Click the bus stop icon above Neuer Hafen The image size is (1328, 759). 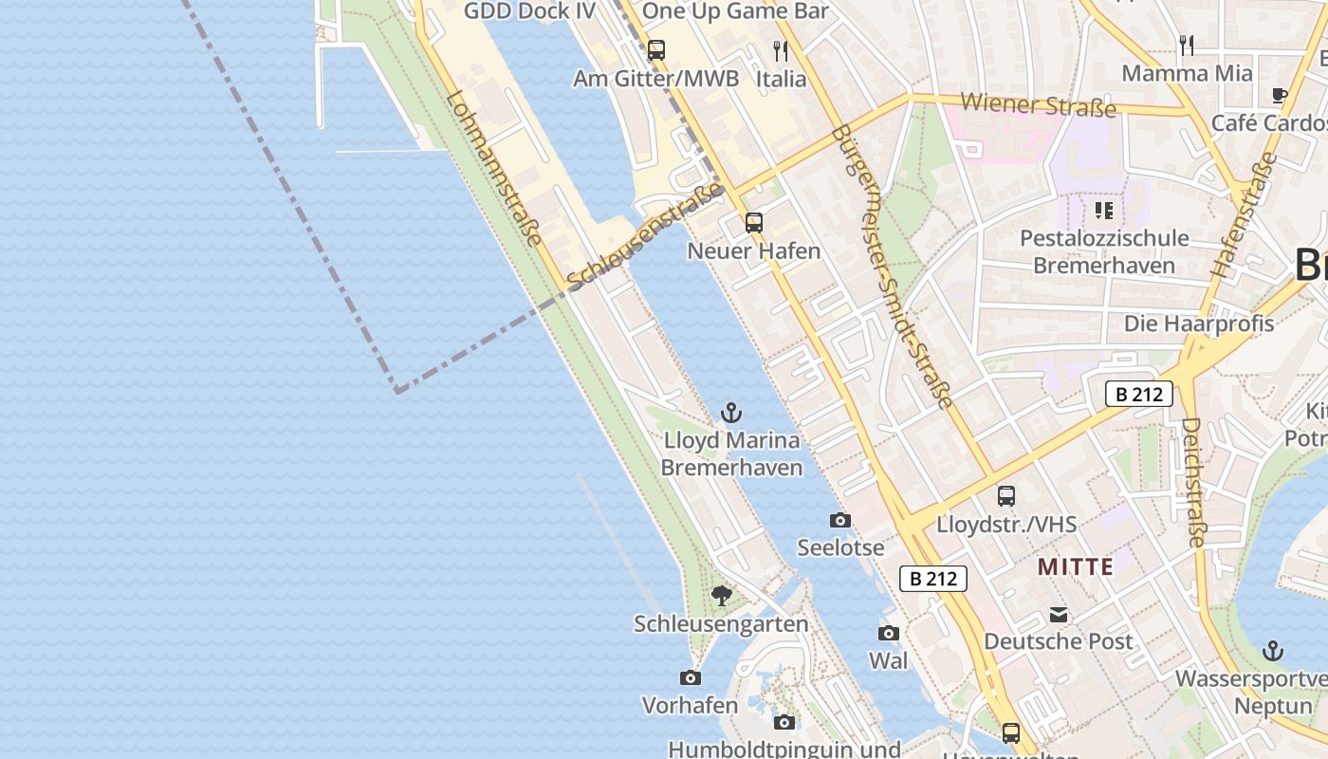click(754, 223)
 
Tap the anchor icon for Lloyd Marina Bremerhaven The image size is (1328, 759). click(730, 413)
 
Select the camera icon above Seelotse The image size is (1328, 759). click(839, 520)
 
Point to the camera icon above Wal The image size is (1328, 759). click(888, 633)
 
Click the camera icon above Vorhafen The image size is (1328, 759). click(691, 677)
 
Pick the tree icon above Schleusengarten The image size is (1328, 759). click(721, 596)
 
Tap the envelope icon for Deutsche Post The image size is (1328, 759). click(1059, 615)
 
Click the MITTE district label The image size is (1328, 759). click(1075, 567)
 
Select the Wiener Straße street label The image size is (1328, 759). click(1038, 104)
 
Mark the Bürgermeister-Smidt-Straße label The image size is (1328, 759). click(891, 267)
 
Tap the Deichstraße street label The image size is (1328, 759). click(1193, 483)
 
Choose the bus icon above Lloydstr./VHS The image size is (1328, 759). click(1005, 496)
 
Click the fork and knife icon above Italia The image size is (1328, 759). click(781, 51)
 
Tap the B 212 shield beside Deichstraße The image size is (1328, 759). click(1138, 394)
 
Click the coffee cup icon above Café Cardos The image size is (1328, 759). click(1279, 95)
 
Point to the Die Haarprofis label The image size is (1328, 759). click(1199, 324)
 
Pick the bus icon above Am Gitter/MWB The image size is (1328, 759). click(655, 50)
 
